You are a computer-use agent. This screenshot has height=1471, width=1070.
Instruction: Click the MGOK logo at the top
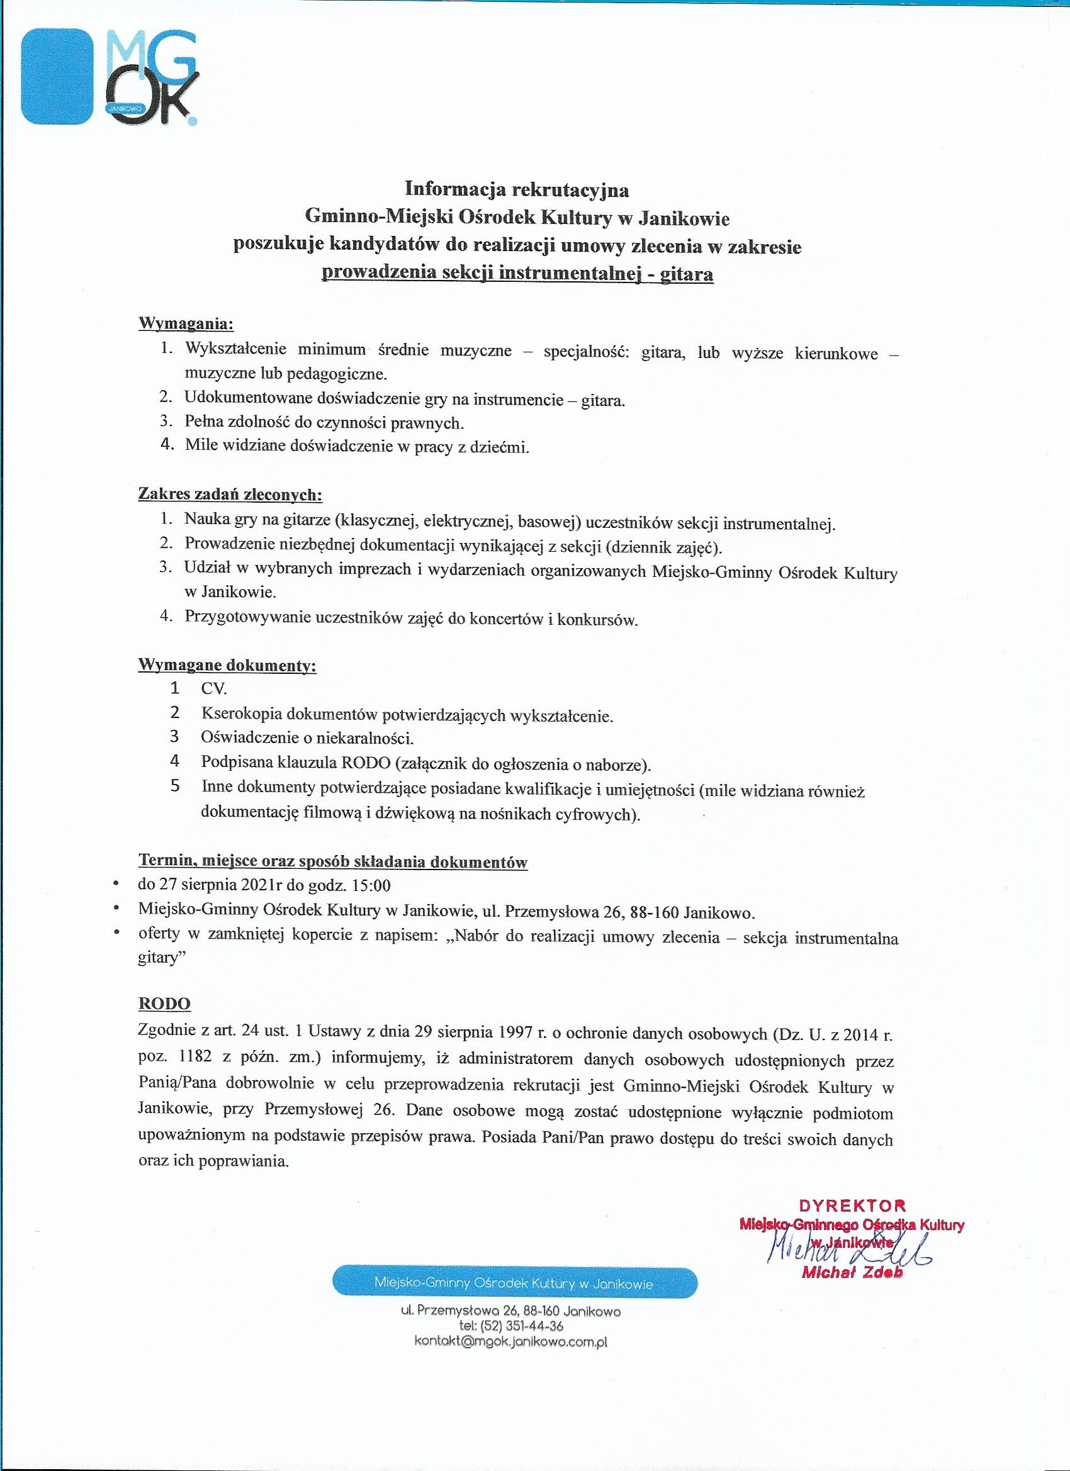pyautogui.click(x=110, y=77)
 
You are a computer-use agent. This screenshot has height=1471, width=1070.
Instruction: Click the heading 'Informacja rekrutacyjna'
pyautogui.click(x=517, y=189)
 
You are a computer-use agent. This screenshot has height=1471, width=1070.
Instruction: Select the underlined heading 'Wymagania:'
pyautogui.click(x=186, y=323)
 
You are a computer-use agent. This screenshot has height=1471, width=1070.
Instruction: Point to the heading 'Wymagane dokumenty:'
pyautogui.click(x=227, y=665)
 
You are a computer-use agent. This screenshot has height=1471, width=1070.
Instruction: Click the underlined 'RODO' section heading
pyautogui.click(x=164, y=1004)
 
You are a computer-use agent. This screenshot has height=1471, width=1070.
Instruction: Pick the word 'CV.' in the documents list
pyautogui.click(x=213, y=689)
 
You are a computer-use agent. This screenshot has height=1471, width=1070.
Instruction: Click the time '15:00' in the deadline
pyautogui.click(x=371, y=886)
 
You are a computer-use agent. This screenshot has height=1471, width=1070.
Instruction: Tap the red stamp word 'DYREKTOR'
pyautogui.click(x=852, y=1205)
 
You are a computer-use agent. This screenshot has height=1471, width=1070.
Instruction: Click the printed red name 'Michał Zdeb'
pyautogui.click(x=852, y=1272)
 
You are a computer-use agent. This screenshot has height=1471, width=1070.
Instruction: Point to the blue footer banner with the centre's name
pyautogui.click(x=515, y=1283)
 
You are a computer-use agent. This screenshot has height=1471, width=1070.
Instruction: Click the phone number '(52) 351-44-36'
pyautogui.click(x=521, y=1326)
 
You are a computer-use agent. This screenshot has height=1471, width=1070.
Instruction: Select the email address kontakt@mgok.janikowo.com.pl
pyautogui.click(x=510, y=1341)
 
